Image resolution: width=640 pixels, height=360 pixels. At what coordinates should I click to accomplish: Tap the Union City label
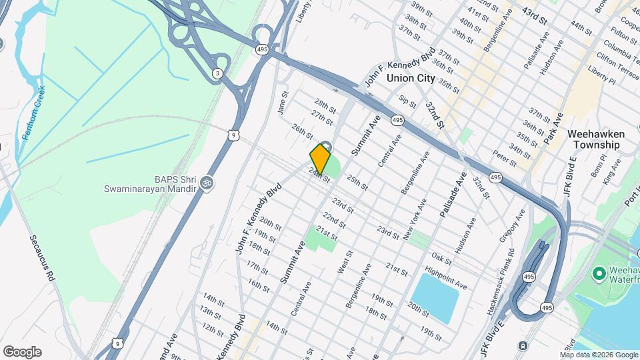411,78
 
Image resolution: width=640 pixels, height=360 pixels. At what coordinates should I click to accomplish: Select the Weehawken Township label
595,139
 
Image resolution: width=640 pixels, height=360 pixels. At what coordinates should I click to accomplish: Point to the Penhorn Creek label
33,113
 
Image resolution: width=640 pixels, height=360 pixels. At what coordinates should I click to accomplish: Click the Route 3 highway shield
217,73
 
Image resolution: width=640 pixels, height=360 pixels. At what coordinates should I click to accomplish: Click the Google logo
22,352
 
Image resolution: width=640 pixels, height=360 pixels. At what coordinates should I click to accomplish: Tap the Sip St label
407,101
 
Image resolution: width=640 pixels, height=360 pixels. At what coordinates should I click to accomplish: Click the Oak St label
441,256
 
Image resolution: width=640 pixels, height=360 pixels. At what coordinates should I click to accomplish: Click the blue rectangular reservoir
436,297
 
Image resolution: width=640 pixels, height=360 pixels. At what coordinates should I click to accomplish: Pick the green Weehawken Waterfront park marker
598,273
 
